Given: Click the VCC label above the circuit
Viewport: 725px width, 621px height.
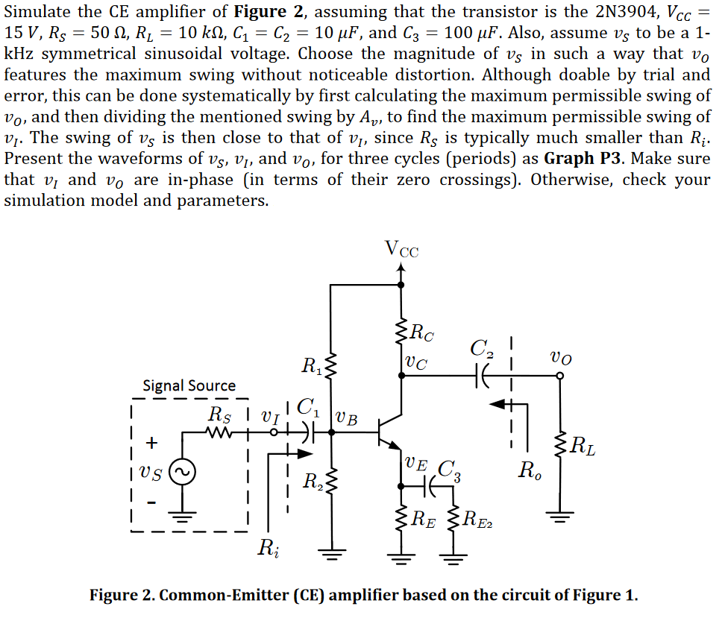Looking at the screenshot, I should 401,249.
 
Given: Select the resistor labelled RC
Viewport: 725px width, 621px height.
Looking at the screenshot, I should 401,332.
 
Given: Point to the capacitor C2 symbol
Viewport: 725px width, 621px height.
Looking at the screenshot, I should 486,376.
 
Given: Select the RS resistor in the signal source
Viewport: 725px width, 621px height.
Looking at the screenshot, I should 220,432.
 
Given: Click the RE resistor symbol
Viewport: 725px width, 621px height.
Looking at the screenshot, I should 401,520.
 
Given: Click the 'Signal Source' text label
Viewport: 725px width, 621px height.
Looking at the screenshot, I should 189,385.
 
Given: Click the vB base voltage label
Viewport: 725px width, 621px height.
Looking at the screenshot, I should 347,418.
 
